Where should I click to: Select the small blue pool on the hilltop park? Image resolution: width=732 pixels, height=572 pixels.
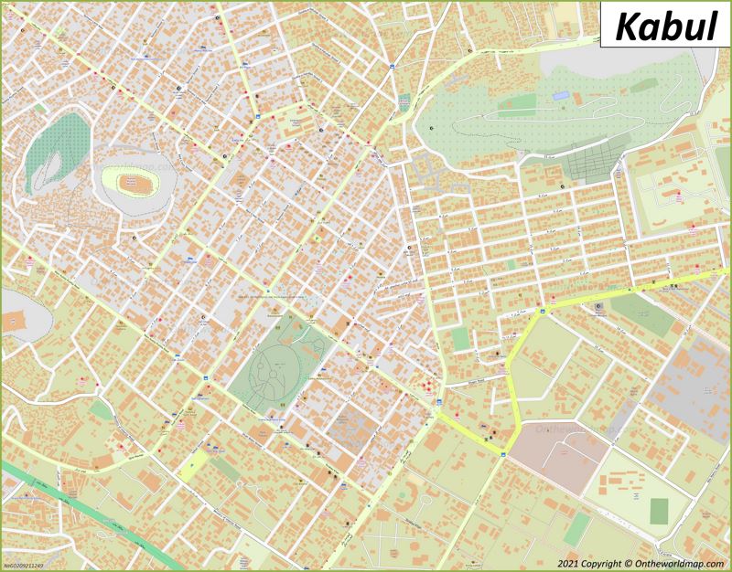click(x=560, y=94)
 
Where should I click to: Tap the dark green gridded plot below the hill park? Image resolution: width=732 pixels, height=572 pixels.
click(x=590, y=163)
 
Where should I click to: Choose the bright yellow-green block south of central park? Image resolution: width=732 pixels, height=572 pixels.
click(x=195, y=466)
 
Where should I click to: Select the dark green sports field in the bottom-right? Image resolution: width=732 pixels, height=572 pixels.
click(x=660, y=512)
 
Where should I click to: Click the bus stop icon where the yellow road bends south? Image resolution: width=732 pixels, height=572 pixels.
click(x=541, y=311)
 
